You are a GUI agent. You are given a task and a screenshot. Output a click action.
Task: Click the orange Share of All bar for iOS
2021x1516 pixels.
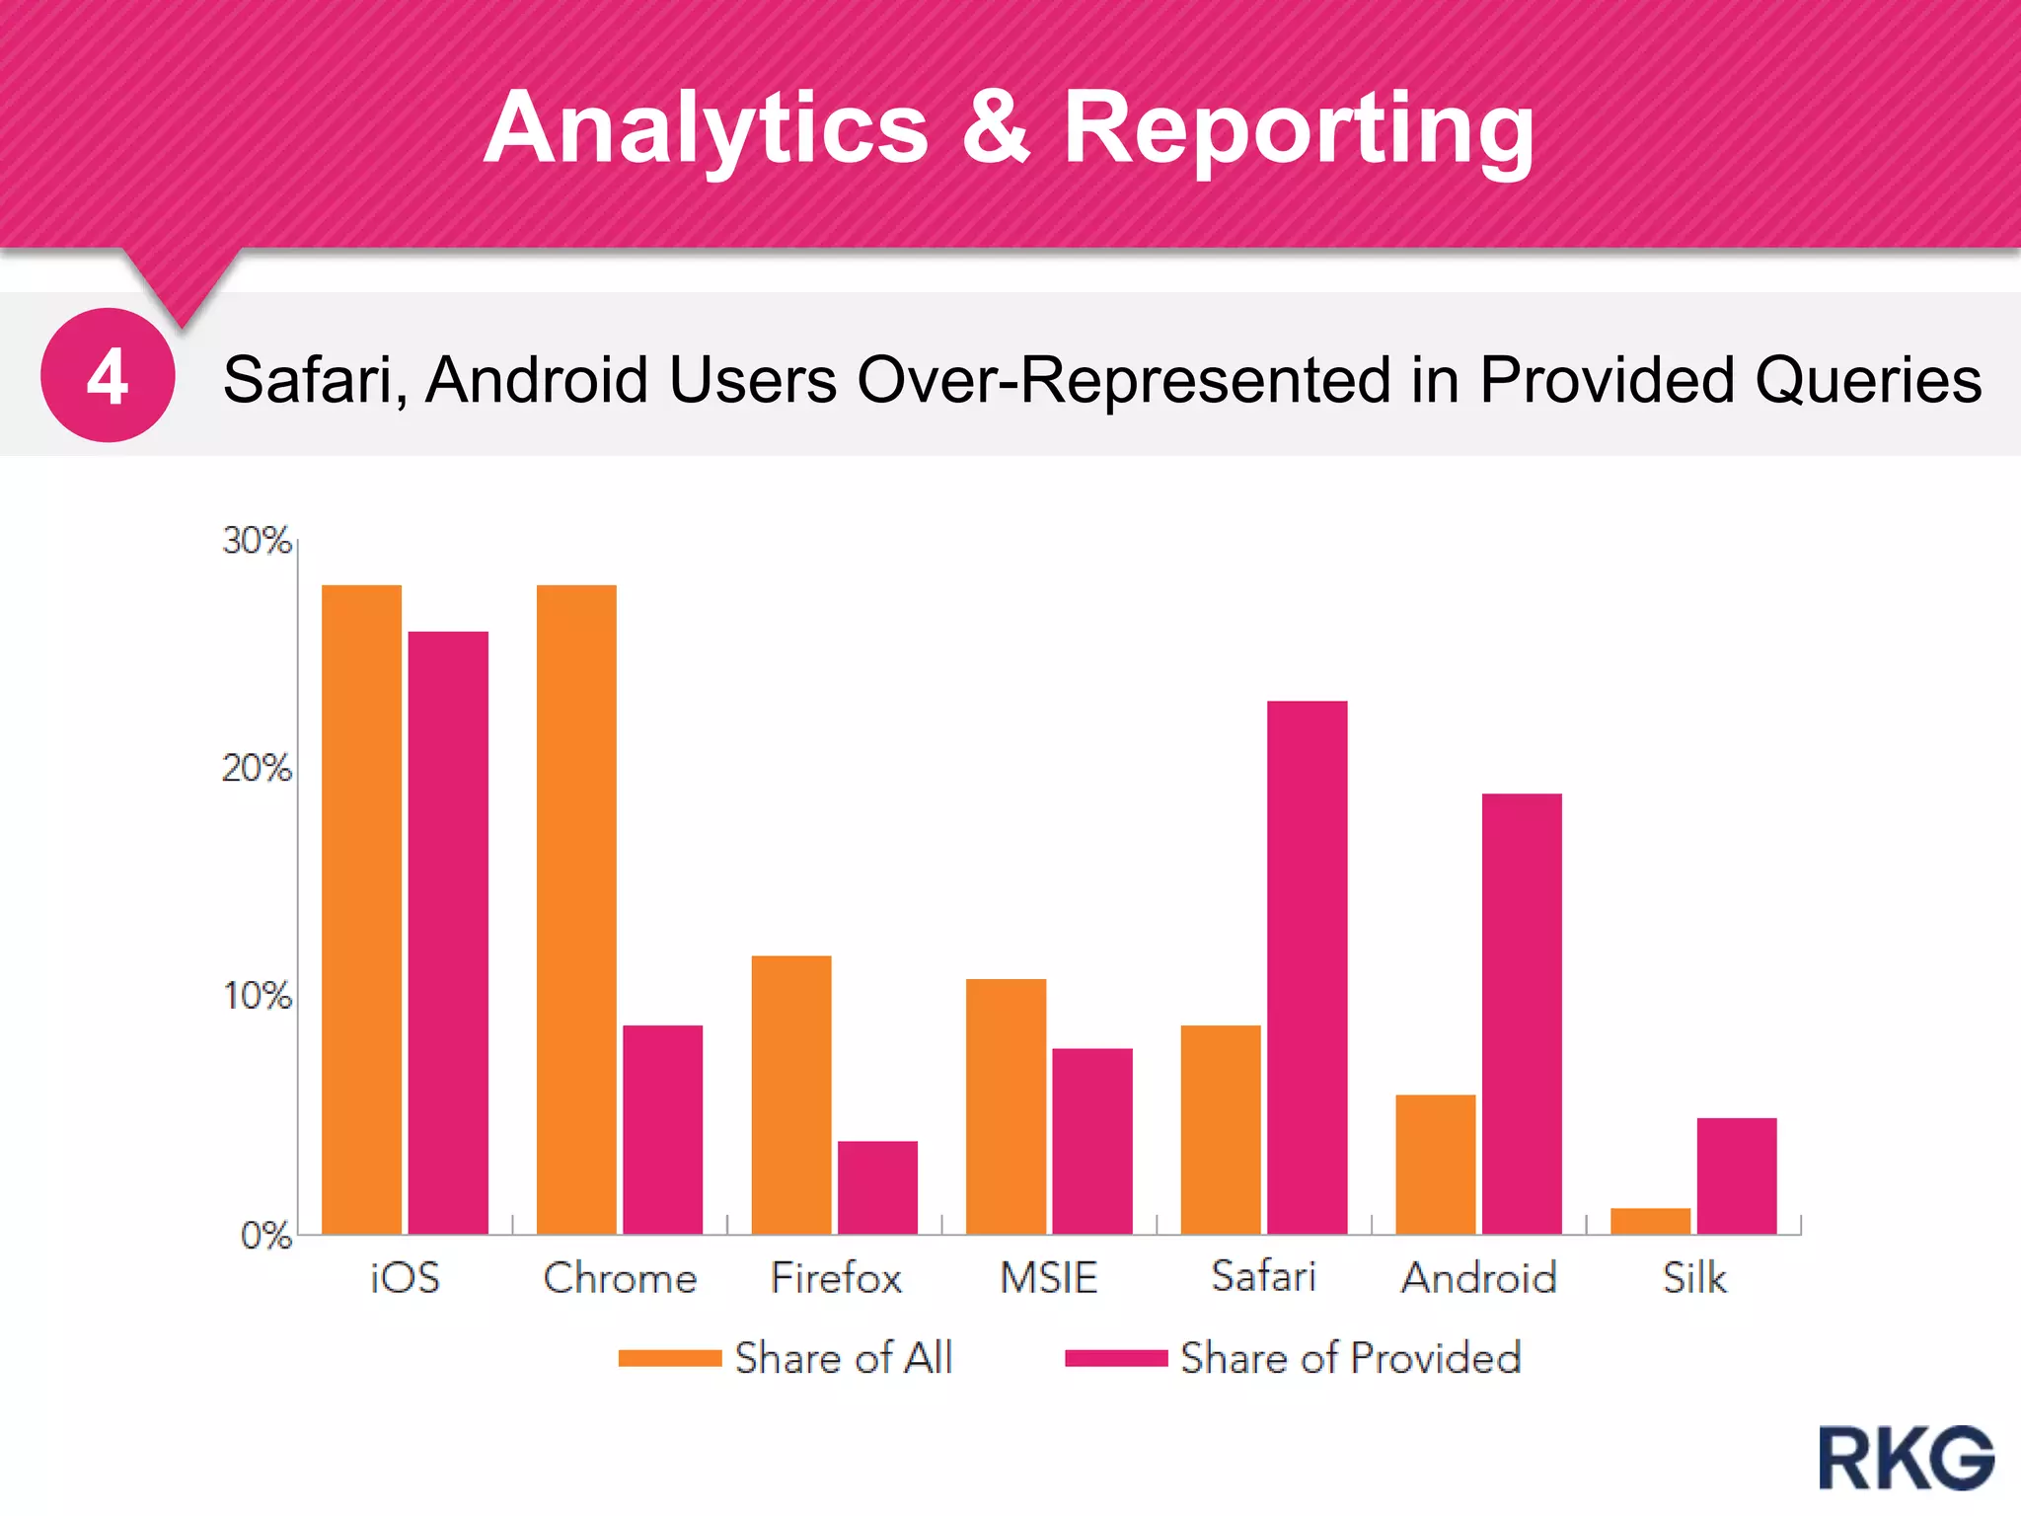[x=361, y=908]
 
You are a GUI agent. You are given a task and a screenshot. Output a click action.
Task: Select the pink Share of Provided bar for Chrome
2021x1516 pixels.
[x=662, y=1129]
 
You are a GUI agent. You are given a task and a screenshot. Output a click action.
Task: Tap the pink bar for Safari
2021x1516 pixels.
[x=1307, y=967]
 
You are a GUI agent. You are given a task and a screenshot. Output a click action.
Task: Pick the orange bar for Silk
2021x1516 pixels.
[x=1650, y=1221]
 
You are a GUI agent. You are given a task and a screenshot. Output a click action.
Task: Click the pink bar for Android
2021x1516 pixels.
[x=1522, y=1013]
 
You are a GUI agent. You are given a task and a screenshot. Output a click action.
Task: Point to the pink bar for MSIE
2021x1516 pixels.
[x=1091, y=1140]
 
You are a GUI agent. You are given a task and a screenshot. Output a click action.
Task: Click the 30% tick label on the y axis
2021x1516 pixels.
[x=257, y=541]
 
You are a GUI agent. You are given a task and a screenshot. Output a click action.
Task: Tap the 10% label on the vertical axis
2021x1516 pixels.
[x=257, y=996]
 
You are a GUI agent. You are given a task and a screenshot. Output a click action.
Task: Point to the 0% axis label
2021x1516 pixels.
[x=265, y=1236]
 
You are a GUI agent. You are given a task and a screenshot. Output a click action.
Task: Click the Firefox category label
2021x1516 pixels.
[x=836, y=1278]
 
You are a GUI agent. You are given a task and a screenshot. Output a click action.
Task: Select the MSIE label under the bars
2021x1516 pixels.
[x=1048, y=1278]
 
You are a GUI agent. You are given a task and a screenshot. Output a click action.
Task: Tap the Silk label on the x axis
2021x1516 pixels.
[x=1694, y=1278]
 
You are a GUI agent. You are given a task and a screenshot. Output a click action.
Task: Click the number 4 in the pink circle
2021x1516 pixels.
[x=108, y=376]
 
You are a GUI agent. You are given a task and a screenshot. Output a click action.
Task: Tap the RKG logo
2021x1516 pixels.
[x=1906, y=1458]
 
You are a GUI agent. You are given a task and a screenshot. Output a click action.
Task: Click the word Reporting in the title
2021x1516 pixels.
[x=1299, y=128]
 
